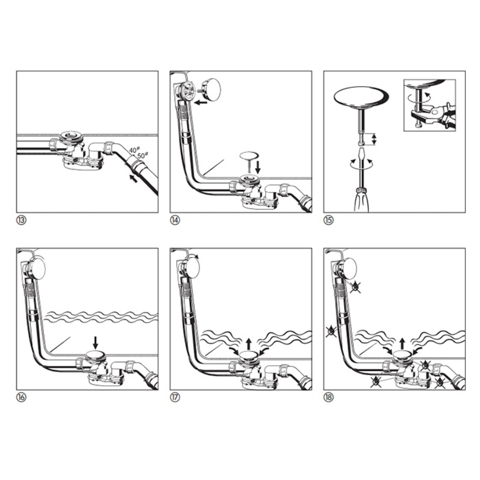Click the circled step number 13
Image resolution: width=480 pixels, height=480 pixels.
[21, 220]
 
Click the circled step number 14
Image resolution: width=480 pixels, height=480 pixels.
[175, 220]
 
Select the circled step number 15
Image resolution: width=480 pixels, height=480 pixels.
[329, 220]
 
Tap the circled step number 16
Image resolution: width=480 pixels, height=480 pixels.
[21, 398]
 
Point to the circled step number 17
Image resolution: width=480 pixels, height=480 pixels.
[175, 398]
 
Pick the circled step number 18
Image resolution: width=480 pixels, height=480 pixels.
[329, 398]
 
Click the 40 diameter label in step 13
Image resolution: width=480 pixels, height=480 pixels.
[134, 150]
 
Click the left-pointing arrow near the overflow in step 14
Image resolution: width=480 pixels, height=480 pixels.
[201, 102]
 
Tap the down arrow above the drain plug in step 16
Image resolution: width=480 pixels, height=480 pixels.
[95, 342]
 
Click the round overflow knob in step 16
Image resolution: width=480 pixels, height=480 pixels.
[38, 267]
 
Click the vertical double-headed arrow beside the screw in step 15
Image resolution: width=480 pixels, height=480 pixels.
[374, 139]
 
